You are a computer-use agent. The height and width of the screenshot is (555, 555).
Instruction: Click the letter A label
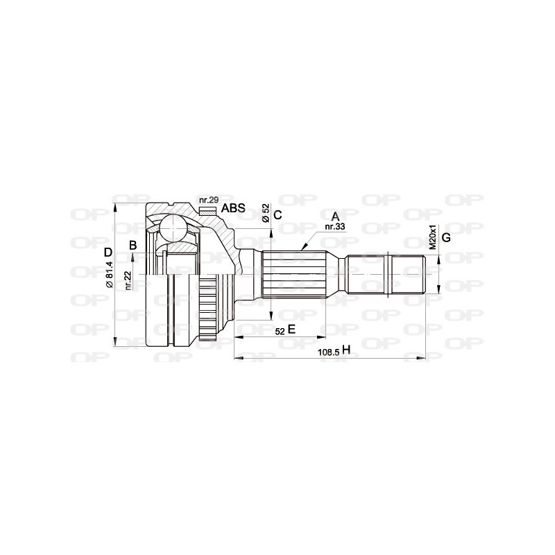(x=335, y=216)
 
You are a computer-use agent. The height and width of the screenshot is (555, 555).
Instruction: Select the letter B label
(x=133, y=244)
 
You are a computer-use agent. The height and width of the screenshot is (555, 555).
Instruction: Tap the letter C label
(x=277, y=215)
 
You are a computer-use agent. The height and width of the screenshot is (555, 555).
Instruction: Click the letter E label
(x=292, y=330)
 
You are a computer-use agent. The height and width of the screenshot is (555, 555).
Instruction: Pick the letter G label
(x=446, y=238)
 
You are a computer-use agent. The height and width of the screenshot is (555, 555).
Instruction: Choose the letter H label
(x=345, y=351)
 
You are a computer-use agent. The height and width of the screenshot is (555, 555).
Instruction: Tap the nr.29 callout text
(x=208, y=200)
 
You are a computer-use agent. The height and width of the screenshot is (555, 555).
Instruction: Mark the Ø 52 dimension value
(x=266, y=213)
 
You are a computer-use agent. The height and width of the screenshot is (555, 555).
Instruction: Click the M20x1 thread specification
(x=432, y=237)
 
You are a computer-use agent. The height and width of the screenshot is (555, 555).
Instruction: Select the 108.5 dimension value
(x=328, y=352)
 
